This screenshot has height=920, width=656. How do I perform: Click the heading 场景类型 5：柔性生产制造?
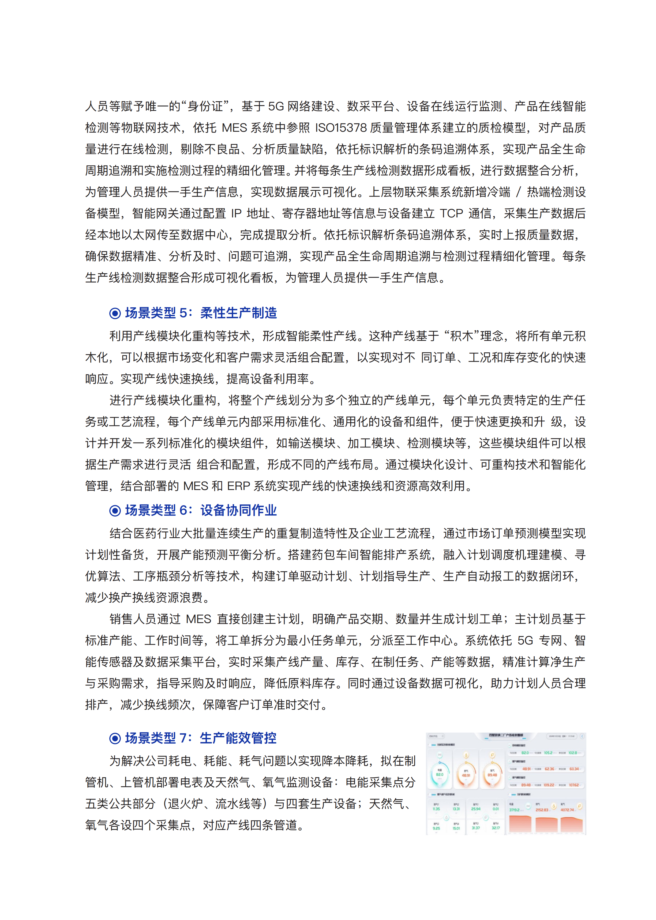(x=201, y=313)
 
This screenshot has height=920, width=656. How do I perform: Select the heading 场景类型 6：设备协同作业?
(x=201, y=510)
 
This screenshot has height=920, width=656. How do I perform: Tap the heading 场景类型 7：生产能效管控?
(x=201, y=738)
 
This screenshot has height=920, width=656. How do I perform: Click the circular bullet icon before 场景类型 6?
(x=115, y=511)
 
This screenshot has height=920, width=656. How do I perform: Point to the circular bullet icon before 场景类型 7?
(x=115, y=738)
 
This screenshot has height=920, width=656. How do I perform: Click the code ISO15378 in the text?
(x=340, y=128)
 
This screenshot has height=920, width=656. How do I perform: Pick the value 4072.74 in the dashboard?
(x=567, y=810)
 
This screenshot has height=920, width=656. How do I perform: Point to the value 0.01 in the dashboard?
(x=496, y=809)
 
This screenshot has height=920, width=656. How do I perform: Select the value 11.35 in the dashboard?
(x=436, y=809)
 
